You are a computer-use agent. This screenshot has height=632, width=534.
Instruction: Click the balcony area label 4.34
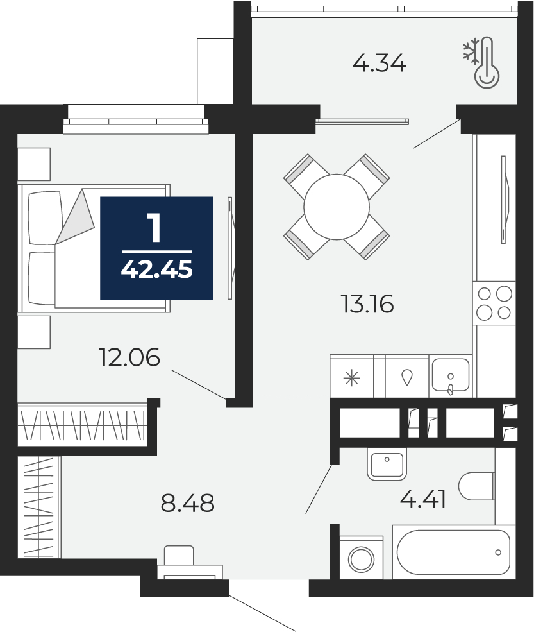pos(380,64)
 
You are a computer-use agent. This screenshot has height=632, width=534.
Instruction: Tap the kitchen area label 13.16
pos(367,304)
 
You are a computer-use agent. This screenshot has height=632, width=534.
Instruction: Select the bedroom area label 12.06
pos(129,357)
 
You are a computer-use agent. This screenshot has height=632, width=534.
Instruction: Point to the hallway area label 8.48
pos(187,503)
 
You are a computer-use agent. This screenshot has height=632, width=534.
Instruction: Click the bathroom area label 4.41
pos(423,500)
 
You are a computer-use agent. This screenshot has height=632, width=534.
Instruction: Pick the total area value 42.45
pos(156,269)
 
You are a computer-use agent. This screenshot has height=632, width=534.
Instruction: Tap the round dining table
pos(337,207)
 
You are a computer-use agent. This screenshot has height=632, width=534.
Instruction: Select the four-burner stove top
pos(494,303)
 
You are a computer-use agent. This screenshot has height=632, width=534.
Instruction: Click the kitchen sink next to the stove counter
pos(451,375)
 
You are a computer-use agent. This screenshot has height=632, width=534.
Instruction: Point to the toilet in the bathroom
pos(476,486)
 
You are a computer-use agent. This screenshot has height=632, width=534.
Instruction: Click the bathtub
pos(454,552)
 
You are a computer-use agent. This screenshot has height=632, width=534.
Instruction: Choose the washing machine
pos(361,558)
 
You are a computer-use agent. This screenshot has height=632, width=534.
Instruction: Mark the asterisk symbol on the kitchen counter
pos(351,378)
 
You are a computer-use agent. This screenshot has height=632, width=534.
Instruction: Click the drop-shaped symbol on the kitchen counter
pos(407,378)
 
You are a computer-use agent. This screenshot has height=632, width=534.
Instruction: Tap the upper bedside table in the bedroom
pos(34,164)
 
